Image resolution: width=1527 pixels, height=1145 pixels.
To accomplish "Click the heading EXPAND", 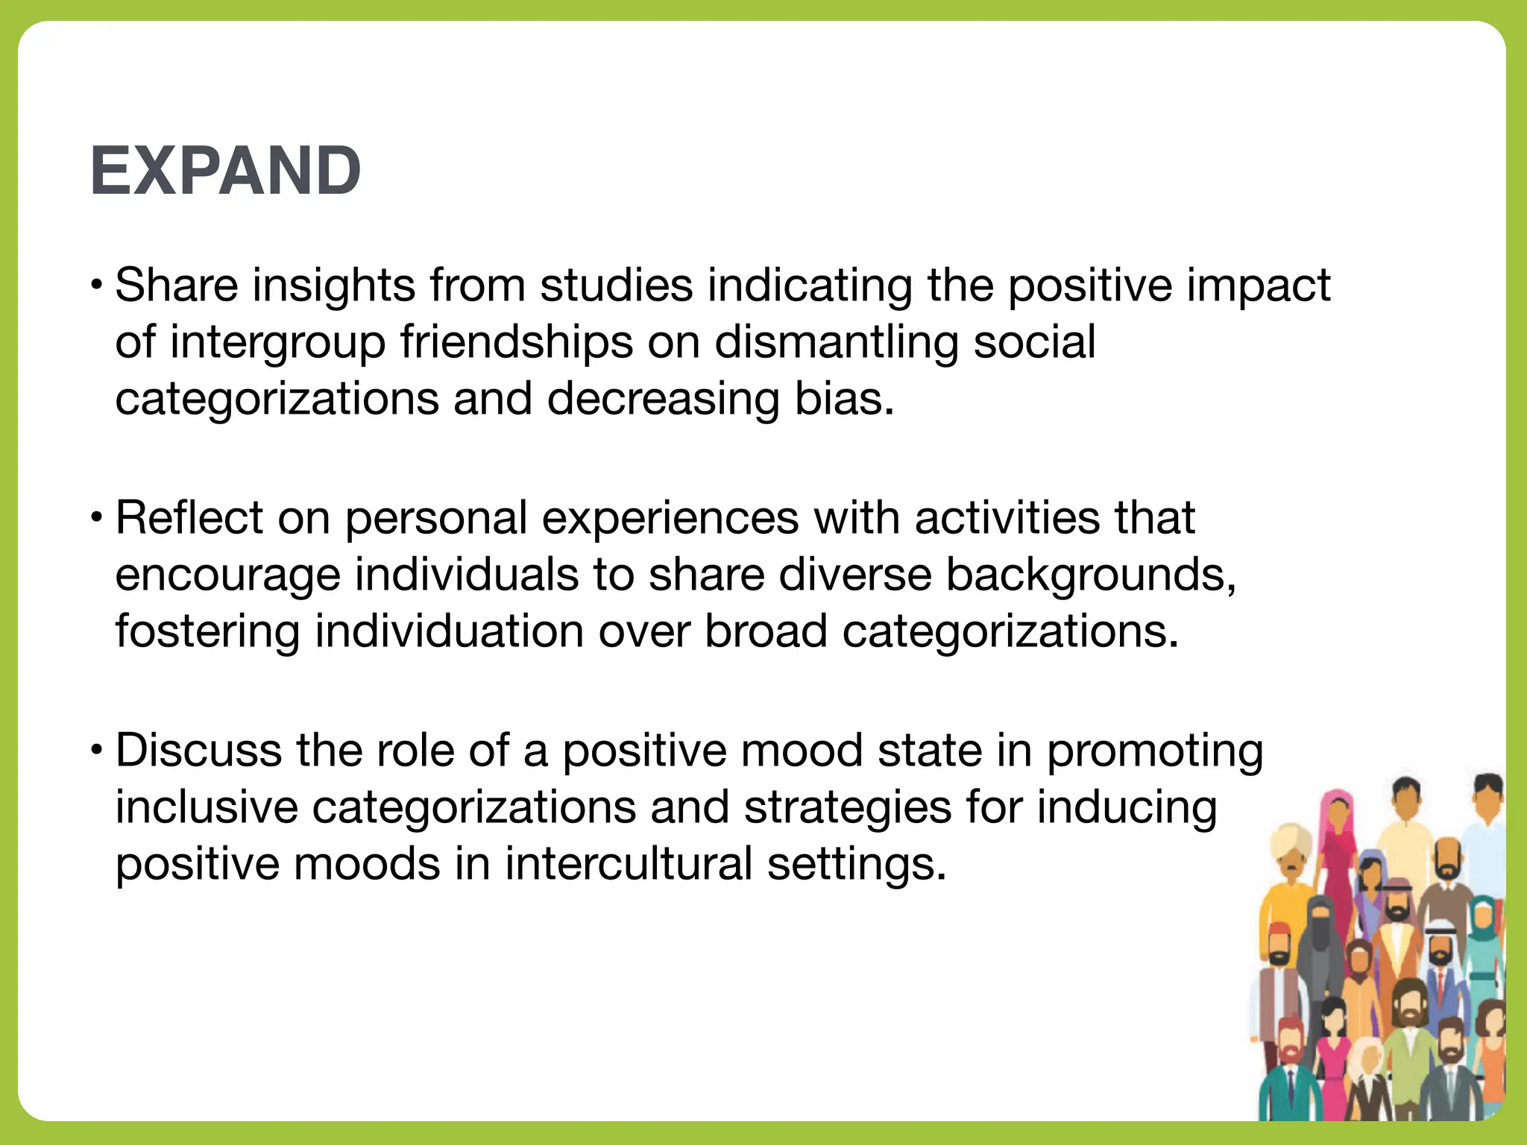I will click(x=225, y=171).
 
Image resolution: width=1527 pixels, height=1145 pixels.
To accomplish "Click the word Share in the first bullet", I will click(x=177, y=286).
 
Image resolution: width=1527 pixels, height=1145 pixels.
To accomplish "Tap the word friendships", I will click(x=516, y=342).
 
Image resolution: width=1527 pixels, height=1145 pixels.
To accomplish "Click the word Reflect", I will click(x=189, y=518).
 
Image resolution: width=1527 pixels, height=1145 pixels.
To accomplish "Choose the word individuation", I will click(x=450, y=631).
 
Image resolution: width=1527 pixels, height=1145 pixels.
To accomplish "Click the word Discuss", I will click(x=198, y=751).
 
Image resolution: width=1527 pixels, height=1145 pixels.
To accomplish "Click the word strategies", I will click(x=848, y=807).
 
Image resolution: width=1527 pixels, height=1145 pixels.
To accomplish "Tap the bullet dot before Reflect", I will click(x=96, y=517).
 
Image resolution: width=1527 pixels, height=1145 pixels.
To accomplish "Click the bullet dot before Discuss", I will click(x=96, y=750).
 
